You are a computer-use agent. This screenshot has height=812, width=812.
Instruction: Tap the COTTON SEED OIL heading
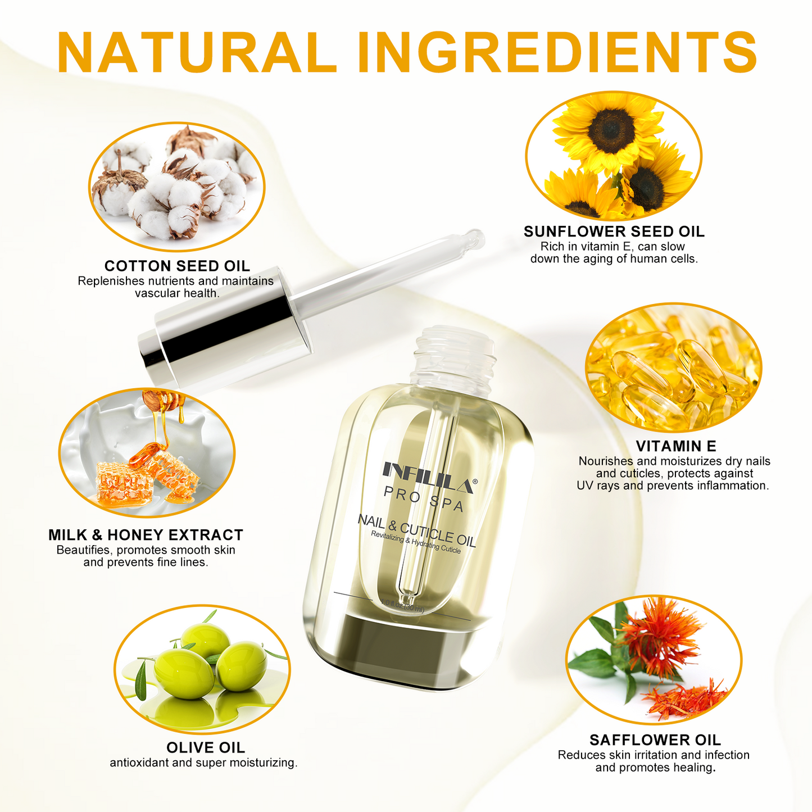177,266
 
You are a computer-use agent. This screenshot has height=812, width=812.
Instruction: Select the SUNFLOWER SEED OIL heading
614,232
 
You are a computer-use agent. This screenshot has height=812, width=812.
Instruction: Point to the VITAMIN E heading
675,446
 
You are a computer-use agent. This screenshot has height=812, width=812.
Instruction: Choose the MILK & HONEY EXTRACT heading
146,535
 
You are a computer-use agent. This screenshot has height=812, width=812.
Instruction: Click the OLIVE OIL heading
206,748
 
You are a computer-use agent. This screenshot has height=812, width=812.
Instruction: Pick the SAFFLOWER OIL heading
655,740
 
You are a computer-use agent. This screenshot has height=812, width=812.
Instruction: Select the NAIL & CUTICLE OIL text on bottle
416,530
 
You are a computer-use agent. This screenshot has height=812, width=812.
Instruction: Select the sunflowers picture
613,156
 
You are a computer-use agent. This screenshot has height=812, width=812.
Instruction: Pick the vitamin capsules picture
673,368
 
